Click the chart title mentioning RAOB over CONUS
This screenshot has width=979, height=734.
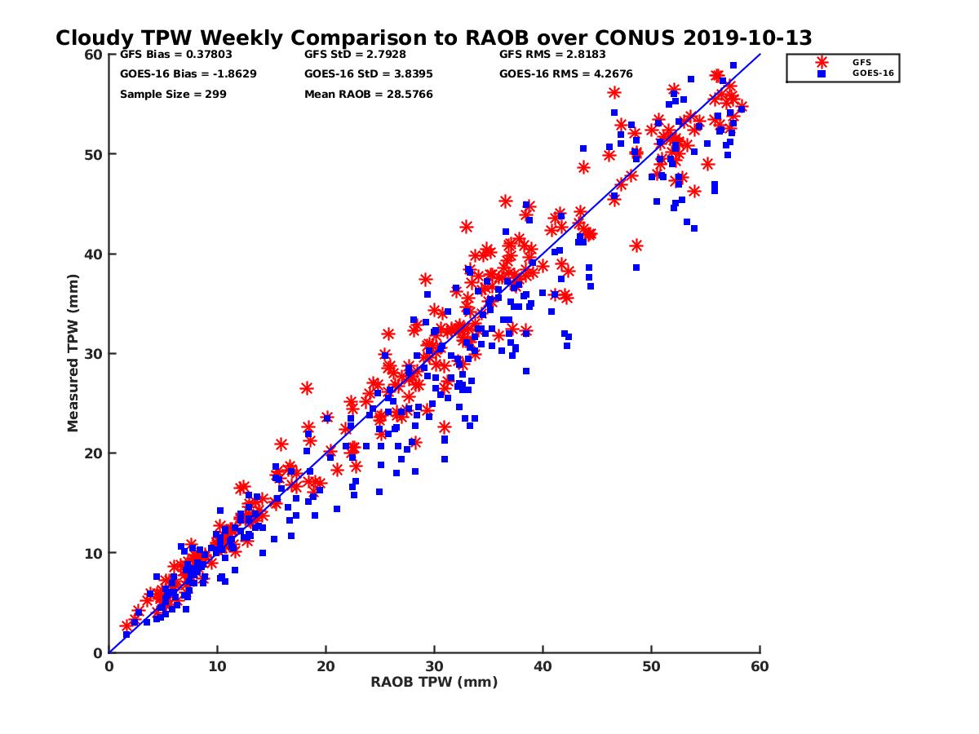coord(433,38)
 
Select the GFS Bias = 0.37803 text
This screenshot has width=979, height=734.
coord(173,55)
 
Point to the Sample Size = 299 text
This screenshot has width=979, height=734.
coord(173,95)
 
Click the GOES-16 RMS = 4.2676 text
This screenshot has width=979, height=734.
coord(566,74)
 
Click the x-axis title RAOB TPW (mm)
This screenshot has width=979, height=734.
coord(434,683)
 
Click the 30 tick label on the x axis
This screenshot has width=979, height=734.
coord(434,666)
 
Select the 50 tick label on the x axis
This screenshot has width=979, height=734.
coord(651,666)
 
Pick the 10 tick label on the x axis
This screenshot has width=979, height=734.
coord(217,666)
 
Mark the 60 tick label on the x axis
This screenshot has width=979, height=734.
coord(760,666)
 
